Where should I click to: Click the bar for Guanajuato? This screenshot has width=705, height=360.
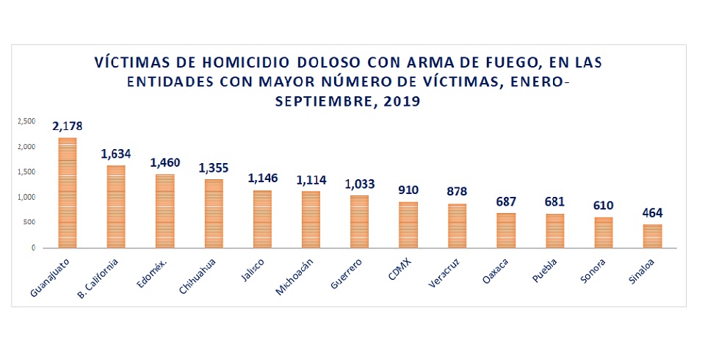tap(67, 192)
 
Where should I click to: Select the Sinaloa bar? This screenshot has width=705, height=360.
tap(652, 236)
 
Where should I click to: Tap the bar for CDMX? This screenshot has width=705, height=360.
tap(408, 225)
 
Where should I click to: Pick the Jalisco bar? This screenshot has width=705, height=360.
tap(262, 219)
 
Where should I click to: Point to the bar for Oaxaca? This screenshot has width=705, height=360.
tap(506, 230)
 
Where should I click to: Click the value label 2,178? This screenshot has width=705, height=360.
tap(67, 126)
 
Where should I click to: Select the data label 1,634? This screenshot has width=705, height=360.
tap(116, 154)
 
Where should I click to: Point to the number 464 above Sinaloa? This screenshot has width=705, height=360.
tap(652, 213)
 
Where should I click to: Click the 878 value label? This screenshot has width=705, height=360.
tap(457, 192)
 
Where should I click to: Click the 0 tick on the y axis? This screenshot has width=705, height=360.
tap(33, 248)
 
